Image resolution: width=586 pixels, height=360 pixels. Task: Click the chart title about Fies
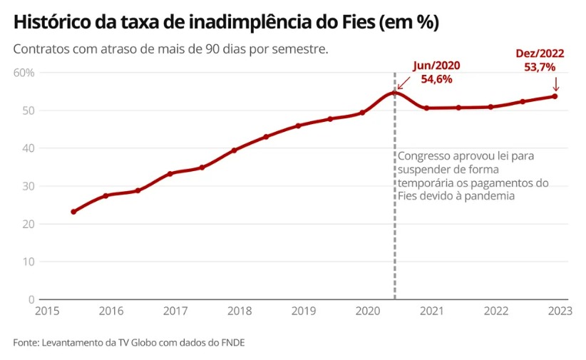tap(225, 23)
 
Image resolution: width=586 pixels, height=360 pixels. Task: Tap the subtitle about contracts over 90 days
tap(170, 51)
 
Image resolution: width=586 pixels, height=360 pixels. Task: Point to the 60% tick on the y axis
tap(24, 73)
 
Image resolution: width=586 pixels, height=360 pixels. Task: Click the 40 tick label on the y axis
tap(27, 148)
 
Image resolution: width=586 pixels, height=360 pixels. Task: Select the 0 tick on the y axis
tap(31, 299)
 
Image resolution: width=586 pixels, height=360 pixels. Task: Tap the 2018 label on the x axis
tap(239, 312)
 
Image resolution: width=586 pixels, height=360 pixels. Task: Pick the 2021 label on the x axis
tap(431, 312)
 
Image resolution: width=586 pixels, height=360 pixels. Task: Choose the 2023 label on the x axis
tap(560, 312)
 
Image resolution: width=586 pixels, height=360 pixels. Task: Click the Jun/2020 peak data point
tap(394, 93)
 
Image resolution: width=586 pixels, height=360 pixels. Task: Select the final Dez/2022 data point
tap(555, 96)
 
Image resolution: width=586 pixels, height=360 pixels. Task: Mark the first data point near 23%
tap(73, 212)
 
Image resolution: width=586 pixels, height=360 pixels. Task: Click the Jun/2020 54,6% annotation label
tap(436, 72)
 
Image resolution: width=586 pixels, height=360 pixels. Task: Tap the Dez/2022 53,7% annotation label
tap(540, 60)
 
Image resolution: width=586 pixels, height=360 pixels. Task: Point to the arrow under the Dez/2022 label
tap(555, 83)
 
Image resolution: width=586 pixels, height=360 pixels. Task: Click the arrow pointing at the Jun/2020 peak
tap(404, 84)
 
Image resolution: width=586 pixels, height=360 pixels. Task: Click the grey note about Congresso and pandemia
tap(472, 175)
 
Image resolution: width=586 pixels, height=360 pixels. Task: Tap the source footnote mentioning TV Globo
tap(128, 343)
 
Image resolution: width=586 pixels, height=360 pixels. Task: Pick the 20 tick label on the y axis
tap(27, 224)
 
